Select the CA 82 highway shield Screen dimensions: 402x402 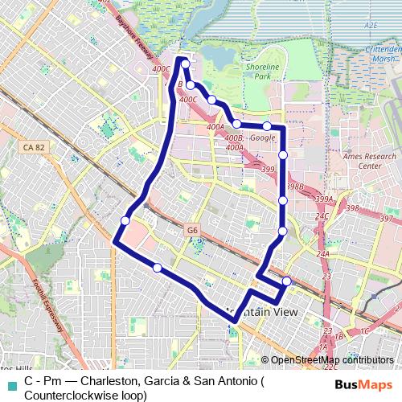point(34,147)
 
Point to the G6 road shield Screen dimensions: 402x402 point(191,230)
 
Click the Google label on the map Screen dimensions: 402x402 point(262,137)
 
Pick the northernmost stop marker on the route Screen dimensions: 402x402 point(186,64)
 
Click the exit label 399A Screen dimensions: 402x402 point(324,199)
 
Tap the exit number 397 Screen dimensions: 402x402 point(387,219)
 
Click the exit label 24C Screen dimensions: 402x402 point(322,216)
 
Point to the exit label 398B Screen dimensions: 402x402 point(294,187)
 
